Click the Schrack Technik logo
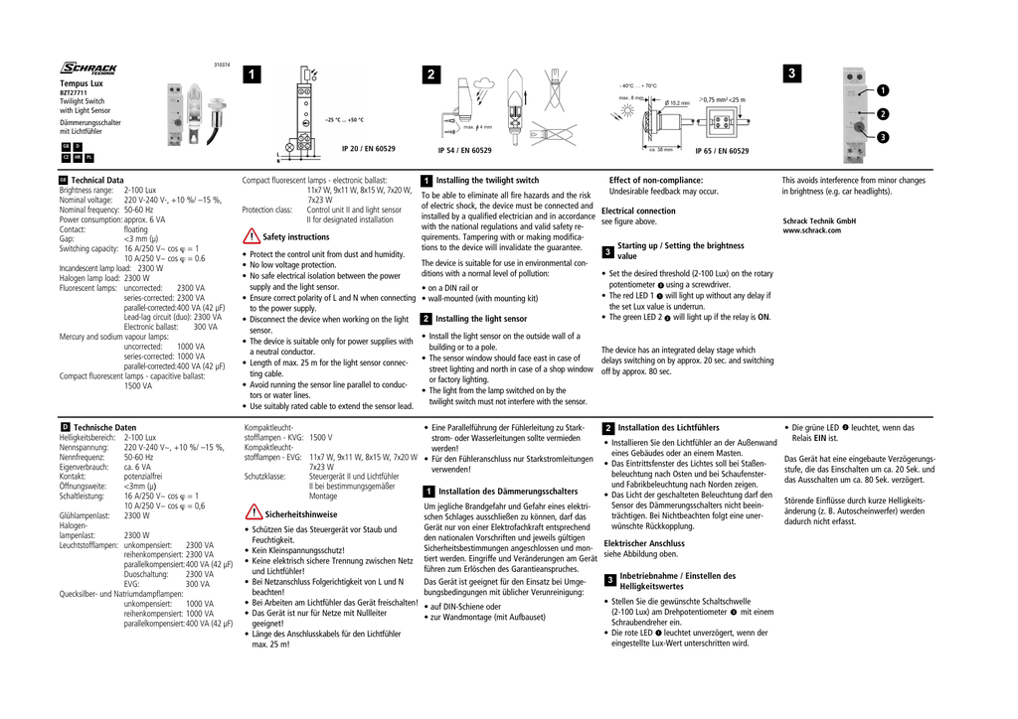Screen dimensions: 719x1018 (x=88, y=69)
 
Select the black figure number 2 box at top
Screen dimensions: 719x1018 (x=429, y=75)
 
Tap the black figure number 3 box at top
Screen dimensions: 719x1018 (x=790, y=74)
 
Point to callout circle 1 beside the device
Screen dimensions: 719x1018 (x=881, y=90)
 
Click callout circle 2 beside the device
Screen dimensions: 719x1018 (x=881, y=114)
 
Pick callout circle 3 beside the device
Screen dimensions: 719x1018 (x=881, y=137)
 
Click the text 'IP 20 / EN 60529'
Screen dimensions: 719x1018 (x=368, y=148)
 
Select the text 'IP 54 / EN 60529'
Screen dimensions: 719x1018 (x=464, y=150)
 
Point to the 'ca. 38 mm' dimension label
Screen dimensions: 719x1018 (x=662, y=150)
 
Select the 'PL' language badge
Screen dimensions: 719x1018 (x=89, y=157)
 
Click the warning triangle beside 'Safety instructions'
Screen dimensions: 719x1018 (x=252, y=236)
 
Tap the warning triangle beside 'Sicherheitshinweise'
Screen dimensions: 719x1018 (x=252, y=513)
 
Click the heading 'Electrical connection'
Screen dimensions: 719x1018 (x=638, y=211)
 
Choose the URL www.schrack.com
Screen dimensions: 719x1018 (x=812, y=230)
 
